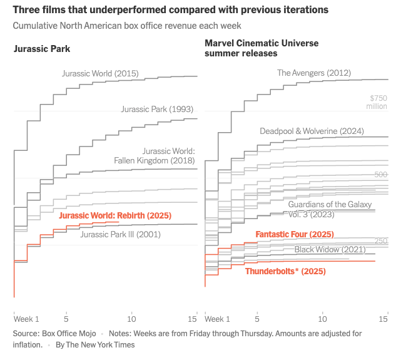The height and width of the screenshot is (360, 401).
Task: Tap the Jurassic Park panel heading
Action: click(x=42, y=49)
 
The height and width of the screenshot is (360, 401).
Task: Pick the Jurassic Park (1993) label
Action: click(x=153, y=109)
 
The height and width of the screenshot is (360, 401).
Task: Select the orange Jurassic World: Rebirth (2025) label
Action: click(x=114, y=216)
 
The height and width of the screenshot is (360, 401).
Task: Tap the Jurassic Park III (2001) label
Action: click(x=121, y=235)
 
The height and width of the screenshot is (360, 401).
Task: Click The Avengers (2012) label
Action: click(x=314, y=73)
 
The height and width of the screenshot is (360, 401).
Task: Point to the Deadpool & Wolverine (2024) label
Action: click(x=312, y=131)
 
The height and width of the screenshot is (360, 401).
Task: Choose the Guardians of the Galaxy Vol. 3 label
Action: click(x=330, y=209)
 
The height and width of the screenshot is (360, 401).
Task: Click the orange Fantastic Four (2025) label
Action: click(x=295, y=235)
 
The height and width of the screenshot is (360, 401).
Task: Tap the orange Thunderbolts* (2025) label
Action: click(x=285, y=272)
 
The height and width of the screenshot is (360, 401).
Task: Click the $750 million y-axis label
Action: click(x=378, y=102)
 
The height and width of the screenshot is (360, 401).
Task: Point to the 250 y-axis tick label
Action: click(x=381, y=241)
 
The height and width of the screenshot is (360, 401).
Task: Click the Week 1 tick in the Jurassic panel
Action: click(x=26, y=318)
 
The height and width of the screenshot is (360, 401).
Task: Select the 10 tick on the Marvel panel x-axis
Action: click(x=323, y=318)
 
